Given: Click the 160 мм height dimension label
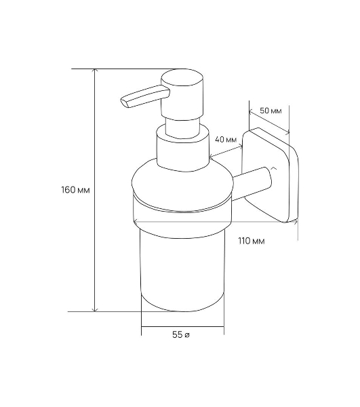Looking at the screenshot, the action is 75,190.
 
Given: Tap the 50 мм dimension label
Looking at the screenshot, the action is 271,111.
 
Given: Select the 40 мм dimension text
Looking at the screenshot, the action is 226,140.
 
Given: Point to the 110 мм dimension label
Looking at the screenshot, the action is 252,241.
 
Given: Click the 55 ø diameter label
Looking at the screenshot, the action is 181,335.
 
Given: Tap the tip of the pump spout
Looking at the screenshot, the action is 123,102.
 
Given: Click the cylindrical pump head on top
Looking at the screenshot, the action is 182,94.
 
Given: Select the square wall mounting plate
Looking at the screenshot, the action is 271,175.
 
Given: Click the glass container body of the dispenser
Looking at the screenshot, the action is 182,270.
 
